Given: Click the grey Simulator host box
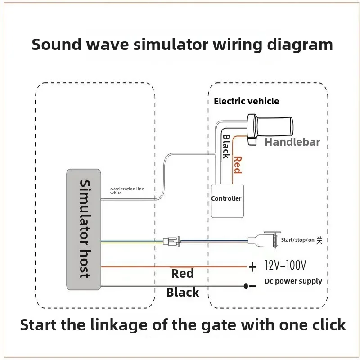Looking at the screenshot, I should pos(84,229).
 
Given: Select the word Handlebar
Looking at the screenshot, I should pos(292,142).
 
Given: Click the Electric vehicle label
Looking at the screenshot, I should pos(246,101).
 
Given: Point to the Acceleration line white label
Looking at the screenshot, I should pos(127,191).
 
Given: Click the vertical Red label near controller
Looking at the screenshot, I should pos(238,164).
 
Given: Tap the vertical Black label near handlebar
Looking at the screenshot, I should pos(226,146).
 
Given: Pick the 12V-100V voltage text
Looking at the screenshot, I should pos(285,265).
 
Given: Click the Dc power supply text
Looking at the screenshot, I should pos(293,281).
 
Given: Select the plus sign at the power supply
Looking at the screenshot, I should pos(252,267).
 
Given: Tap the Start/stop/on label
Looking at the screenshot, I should pos(297,240).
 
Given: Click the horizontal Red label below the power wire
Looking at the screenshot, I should pos(182,274).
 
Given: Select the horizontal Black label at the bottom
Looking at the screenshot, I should pos(182,292).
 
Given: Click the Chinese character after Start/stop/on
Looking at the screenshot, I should pos(319,240).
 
